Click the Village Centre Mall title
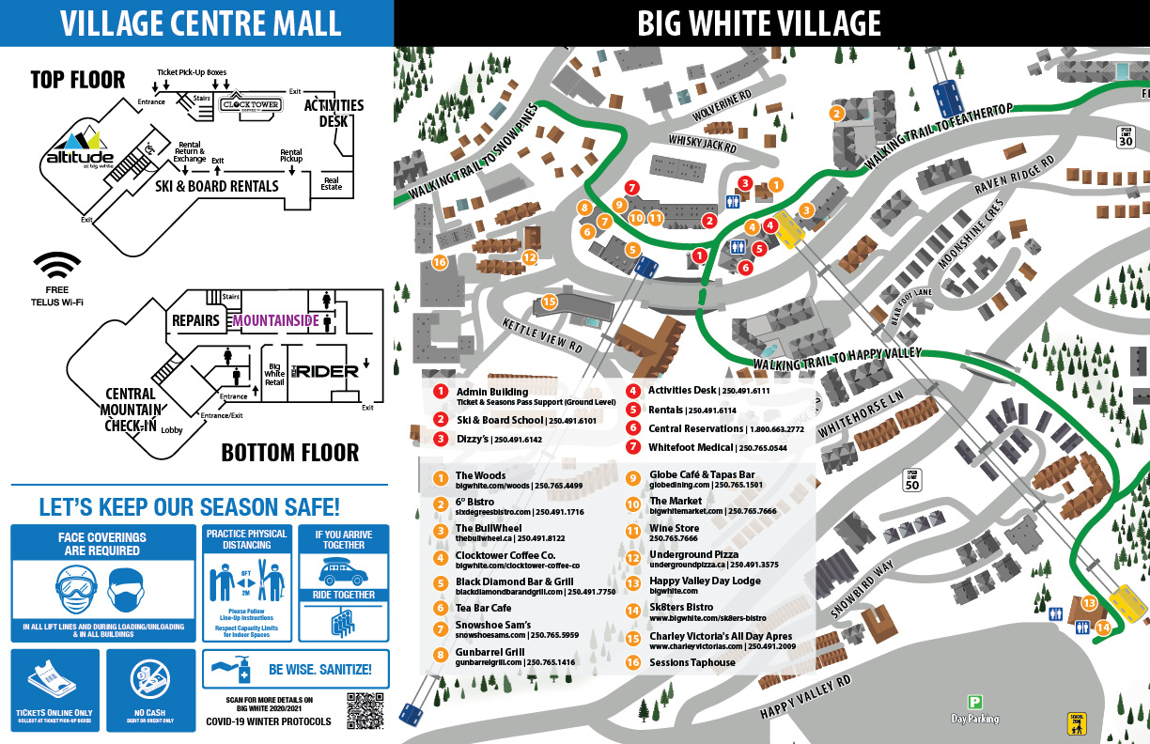(x=196, y=23)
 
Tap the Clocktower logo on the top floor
(x=250, y=105)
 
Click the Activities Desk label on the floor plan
(x=334, y=113)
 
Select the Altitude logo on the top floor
(x=80, y=149)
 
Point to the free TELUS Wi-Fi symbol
(x=57, y=266)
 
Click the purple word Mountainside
(x=276, y=320)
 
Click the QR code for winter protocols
(x=365, y=710)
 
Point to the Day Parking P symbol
(x=974, y=702)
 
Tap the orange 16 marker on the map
(x=439, y=262)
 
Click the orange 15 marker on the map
(x=550, y=302)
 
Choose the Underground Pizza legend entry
(x=693, y=555)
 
